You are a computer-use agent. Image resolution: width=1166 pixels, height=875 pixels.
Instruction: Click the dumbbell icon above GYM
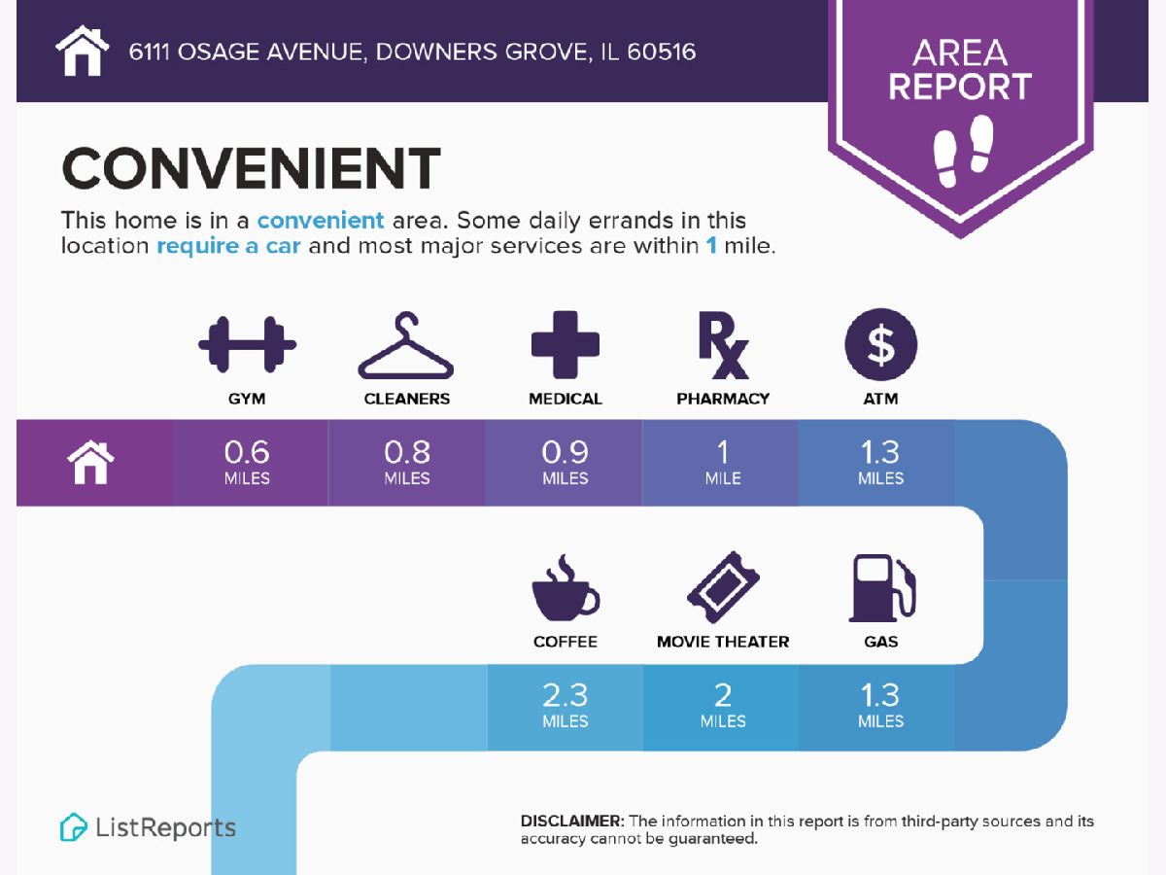(x=247, y=344)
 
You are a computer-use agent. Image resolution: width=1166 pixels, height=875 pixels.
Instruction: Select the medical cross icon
(x=566, y=344)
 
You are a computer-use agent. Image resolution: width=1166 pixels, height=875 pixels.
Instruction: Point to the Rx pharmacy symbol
(x=723, y=345)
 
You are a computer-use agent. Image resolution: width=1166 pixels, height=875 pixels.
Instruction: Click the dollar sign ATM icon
(x=880, y=344)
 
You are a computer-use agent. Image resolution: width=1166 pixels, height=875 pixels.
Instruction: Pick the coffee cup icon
(x=566, y=587)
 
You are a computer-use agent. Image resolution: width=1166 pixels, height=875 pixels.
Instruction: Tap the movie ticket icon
(x=723, y=587)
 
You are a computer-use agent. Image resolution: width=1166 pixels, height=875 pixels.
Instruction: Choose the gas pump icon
(x=882, y=587)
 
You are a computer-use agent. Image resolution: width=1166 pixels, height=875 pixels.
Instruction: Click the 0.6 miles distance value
(x=247, y=462)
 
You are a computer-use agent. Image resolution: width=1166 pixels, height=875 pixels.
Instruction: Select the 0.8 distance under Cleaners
(x=407, y=452)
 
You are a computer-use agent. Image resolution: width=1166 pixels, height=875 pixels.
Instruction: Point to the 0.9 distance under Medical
(x=566, y=452)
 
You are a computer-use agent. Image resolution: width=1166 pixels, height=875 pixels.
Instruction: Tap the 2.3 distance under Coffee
(x=566, y=695)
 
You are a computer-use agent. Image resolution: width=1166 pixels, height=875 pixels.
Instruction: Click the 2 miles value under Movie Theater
(x=723, y=705)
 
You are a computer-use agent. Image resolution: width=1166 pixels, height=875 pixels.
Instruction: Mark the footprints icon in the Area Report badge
(x=963, y=151)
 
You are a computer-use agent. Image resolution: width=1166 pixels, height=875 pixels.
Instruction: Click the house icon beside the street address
(x=83, y=51)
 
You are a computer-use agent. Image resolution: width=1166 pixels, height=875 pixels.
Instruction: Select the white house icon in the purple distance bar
(x=90, y=462)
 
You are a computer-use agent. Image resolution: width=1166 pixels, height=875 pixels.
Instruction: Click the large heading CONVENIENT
(x=251, y=168)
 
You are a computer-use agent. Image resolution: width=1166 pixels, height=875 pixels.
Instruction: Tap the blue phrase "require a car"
(x=228, y=246)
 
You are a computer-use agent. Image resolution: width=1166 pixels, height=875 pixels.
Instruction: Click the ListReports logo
(x=148, y=827)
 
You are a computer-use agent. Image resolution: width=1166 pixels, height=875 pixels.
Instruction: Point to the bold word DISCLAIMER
(x=572, y=821)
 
